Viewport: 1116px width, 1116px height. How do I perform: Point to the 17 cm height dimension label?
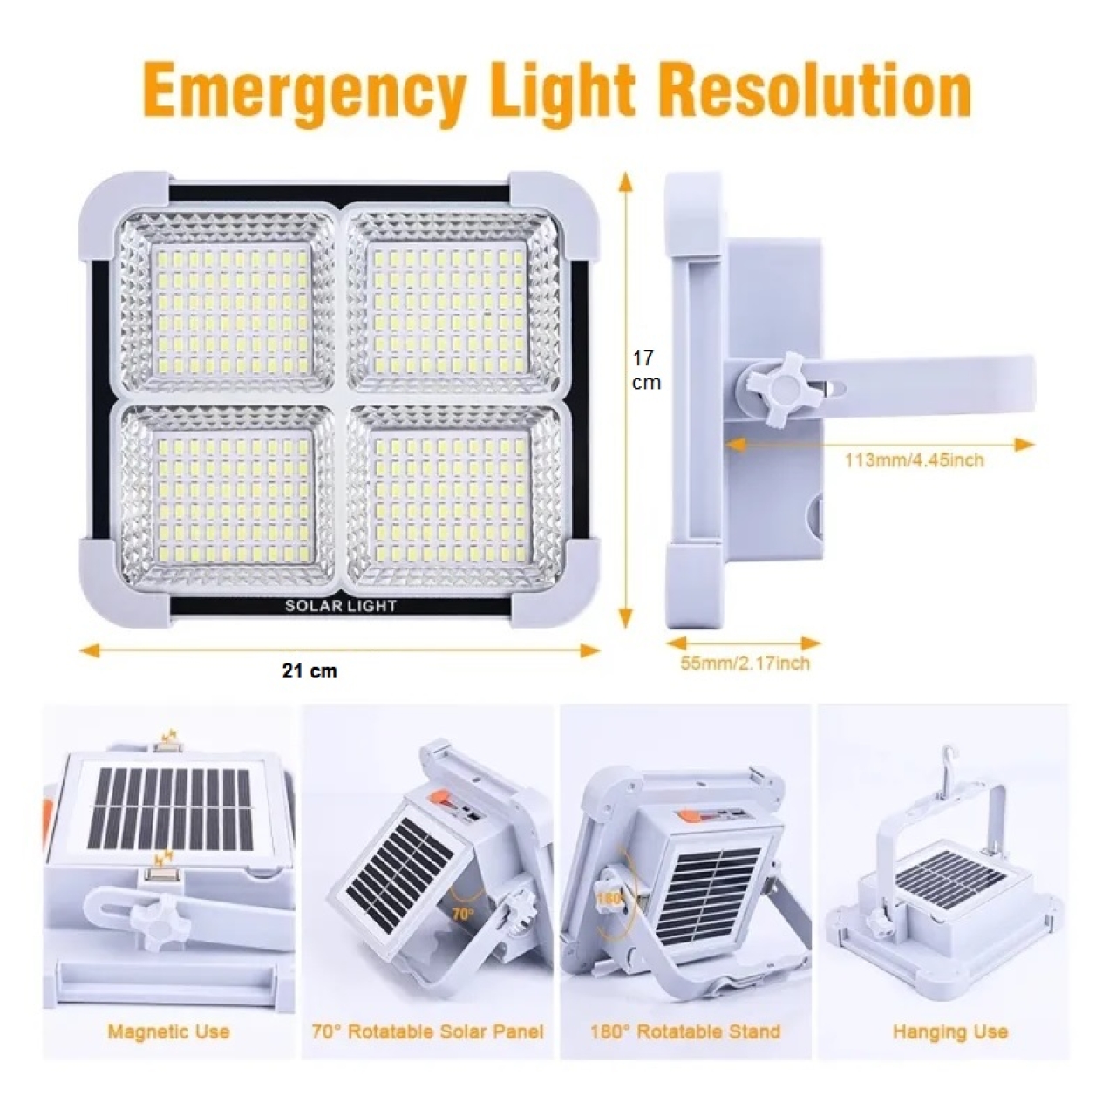645,370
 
